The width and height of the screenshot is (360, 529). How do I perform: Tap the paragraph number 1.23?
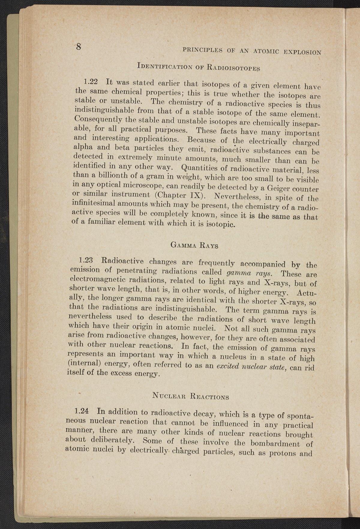pos(86,259)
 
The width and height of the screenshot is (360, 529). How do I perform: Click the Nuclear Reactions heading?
pos(190,396)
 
